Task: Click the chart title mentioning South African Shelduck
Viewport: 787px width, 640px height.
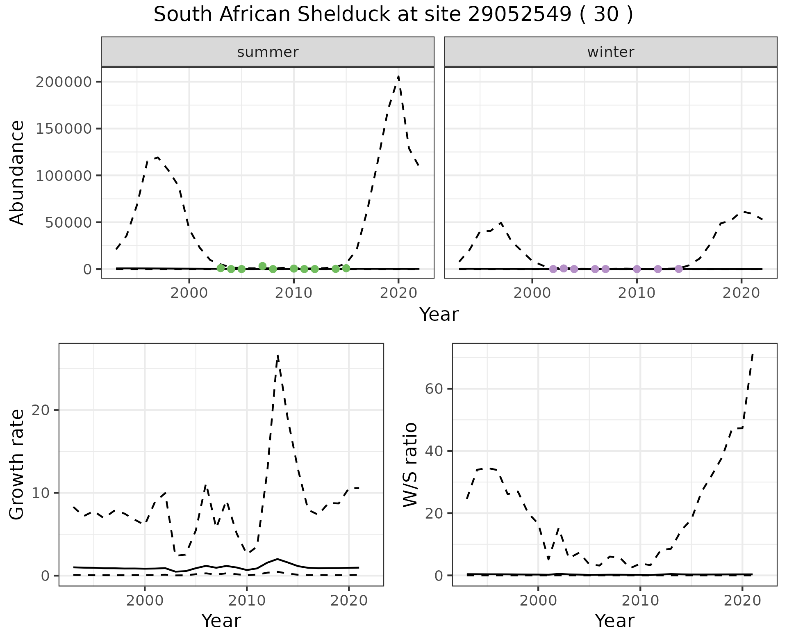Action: tap(393, 15)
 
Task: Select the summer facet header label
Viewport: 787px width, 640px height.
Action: tap(268, 52)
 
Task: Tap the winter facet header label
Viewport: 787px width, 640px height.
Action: tap(610, 52)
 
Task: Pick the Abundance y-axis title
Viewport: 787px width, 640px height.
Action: tap(17, 172)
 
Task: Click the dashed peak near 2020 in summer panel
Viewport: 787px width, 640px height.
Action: tap(398, 77)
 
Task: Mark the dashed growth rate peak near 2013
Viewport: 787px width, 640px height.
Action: tap(277, 355)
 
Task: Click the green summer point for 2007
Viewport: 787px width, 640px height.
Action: tap(262, 266)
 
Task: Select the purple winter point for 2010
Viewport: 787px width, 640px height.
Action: tap(637, 269)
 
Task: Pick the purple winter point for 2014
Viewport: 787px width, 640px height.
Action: tap(678, 269)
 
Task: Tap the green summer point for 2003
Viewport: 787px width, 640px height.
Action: tap(221, 268)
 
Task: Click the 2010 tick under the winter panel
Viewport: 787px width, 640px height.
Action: tap(637, 294)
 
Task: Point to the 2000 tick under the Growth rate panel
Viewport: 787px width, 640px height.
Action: tap(144, 601)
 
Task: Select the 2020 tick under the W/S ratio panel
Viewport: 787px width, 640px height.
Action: tap(742, 601)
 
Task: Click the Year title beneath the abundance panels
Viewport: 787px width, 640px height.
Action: tap(439, 315)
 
